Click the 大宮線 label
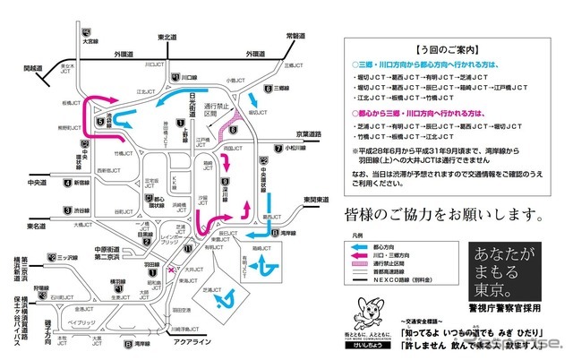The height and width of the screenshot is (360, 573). (90, 41)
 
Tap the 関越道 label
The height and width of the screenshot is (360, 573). (32, 67)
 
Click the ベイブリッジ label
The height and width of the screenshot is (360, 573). (76, 321)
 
